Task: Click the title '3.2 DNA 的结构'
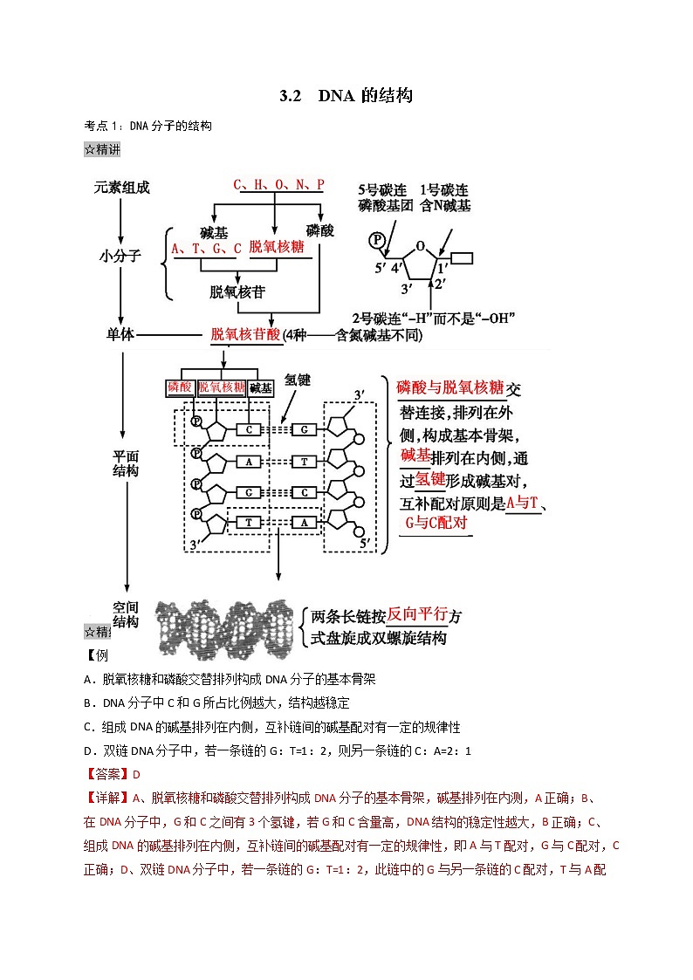tap(346, 95)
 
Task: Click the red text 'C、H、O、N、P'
tap(278, 185)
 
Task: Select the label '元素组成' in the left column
tap(123, 188)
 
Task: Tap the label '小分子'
tap(120, 257)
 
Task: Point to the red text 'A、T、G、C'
tap(206, 248)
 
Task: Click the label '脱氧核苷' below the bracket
tap(237, 291)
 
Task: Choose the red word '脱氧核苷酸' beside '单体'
tap(246, 334)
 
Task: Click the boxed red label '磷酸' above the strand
tap(179, 387)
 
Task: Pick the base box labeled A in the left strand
tap(249, 462)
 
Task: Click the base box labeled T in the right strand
tap(304, 462)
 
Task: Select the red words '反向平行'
tap(417, 616)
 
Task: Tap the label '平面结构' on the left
tap(126, 463)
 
